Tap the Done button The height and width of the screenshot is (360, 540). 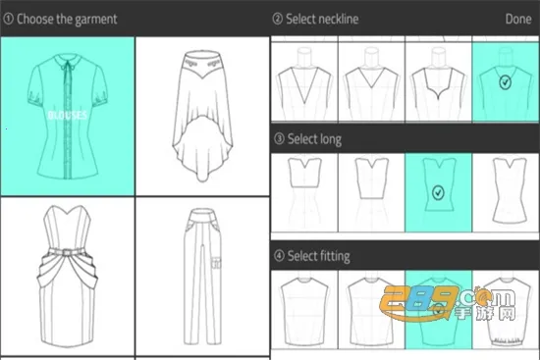point(517,19)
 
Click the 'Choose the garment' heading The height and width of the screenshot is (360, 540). point(67,19)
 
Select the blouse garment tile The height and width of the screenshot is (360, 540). point(66,117)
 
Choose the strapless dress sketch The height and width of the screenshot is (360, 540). point(66,277)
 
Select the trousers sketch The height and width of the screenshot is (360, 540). point(202,277)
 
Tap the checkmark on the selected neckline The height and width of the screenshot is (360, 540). point(504,82)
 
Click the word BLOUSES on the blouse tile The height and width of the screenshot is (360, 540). point(66,115)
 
